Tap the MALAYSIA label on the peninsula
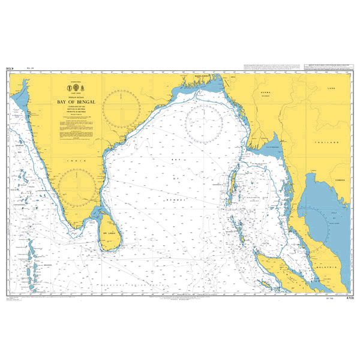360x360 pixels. [332, 254]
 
